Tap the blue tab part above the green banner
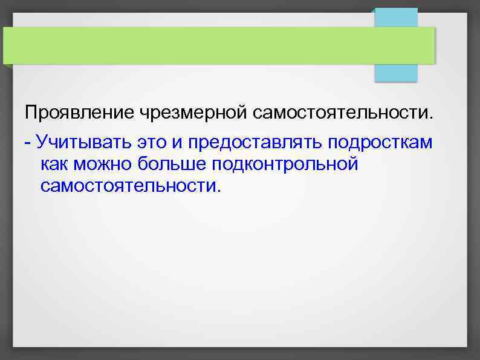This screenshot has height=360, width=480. click(396, 17)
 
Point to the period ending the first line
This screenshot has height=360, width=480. click(432, 117)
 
